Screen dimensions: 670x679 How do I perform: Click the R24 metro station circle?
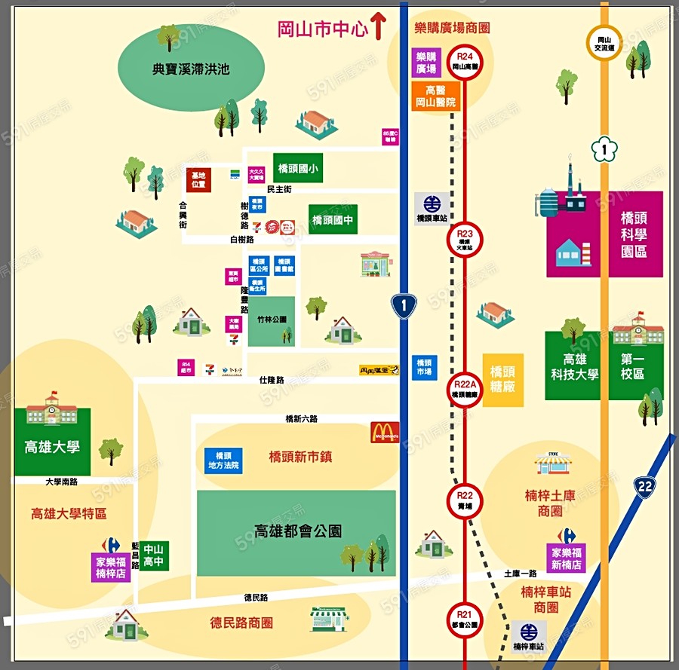(x=465, y=61)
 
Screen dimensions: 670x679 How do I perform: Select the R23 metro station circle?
(x=465, y=240)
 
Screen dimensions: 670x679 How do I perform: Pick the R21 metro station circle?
(x=465, y=619)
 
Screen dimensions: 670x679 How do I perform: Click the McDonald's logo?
(x=385, y=432)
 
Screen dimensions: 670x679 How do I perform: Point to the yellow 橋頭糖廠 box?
(x=502, y=380)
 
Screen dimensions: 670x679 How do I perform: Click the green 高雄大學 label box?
(x=52, y=446)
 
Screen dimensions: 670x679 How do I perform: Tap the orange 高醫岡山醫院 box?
(x=435, y=96)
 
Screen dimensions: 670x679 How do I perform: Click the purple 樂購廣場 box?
(x=426, y=63)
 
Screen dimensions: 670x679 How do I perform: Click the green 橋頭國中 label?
(x=333, y=220)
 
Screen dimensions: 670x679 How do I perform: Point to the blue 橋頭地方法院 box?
(x=223, y=460)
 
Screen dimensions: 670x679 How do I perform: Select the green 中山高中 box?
(x=154, y=555)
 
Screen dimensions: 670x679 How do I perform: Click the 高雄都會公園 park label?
(x=297, y=531)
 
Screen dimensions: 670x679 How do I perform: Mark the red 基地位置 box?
(x=198, y=179)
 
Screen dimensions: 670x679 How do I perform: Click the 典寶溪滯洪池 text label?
(x=191, y=69)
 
